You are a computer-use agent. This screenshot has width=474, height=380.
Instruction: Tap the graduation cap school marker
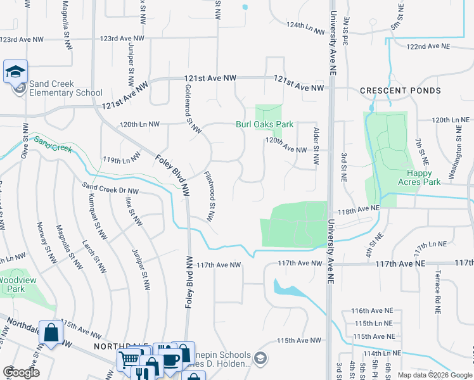15,72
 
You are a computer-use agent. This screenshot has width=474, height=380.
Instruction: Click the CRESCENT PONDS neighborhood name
400,91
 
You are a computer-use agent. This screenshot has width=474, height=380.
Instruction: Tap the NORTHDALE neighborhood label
116,347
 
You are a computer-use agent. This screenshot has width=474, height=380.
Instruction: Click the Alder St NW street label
316,146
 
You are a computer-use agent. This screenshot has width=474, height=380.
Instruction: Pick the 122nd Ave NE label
428,47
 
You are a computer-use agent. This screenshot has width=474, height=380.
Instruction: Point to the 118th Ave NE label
357,208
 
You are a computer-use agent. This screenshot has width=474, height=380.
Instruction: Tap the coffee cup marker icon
169,358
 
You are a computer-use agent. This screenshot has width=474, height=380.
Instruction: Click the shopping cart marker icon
129,360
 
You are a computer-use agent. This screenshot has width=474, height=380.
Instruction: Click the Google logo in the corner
20,372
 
